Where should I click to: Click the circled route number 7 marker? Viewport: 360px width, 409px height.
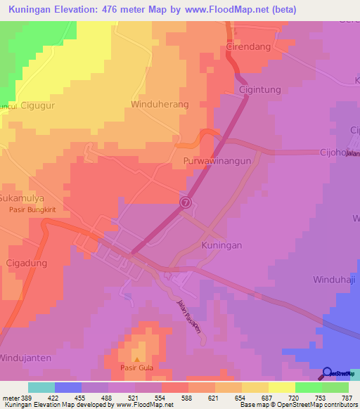pos(185,202)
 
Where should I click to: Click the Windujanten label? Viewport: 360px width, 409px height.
pos(26,358)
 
